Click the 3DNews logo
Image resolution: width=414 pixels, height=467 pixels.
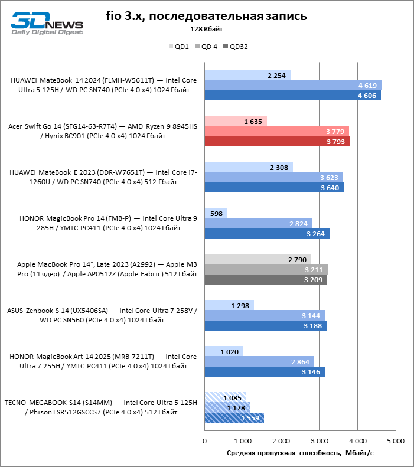pos(47,22)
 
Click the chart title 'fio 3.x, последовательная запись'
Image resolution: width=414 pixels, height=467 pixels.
pos(206,16)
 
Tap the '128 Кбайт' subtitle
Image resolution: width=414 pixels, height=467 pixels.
pos(206,29)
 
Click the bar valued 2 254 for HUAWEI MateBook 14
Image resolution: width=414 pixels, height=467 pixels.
pos(247,75)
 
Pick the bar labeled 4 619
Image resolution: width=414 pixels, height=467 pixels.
pos(292,85)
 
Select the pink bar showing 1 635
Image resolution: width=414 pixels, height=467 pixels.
pos(236,121)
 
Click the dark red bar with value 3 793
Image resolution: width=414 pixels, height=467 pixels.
pos(276,141)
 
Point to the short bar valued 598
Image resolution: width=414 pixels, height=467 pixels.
pos(216,213)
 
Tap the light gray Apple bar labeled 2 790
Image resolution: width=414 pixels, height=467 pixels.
pos(257,259)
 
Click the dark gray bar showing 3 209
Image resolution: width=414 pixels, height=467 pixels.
pos(265,279)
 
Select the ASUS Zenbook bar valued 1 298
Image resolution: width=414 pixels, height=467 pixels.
pos(229,305)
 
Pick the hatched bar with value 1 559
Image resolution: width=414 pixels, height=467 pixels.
pos(234,417)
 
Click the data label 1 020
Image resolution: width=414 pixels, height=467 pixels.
pos(230,351)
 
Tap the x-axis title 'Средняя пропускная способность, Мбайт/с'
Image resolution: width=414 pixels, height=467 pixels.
pos(300,453)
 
